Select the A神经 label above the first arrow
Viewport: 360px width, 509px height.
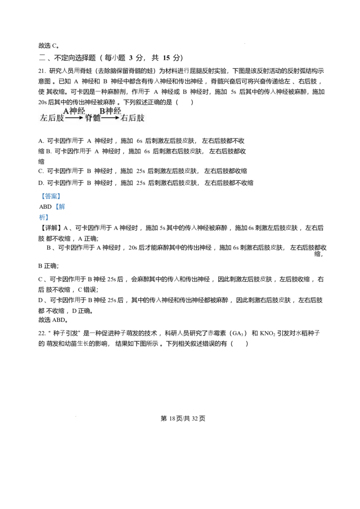(x=74, y=111)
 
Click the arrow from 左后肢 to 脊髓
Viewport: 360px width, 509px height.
(x=74, y=118)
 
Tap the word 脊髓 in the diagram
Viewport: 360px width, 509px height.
(x=93, y=118)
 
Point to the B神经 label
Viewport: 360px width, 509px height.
(x=110, y=111)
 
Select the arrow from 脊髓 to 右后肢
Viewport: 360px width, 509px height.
(x=110, y=118)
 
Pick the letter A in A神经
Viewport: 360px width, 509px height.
(x=66, y=111)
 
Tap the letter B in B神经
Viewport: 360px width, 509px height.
(x=102, y=111)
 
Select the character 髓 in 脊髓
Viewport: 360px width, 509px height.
(x=96, y=118)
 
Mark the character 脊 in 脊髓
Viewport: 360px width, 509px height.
(x=89, y=118)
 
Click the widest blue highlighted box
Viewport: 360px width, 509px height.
(x=50, y=196)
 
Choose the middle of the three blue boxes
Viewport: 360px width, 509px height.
(x=60, y=207)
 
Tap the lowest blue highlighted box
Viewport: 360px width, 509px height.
(x=44, y=218)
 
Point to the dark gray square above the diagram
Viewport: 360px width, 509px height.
(x=245, y=43)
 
